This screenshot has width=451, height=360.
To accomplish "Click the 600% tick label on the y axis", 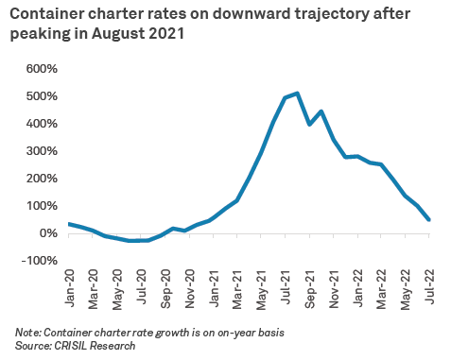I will click(x=41, y=69).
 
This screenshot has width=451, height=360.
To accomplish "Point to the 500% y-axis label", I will click(x=41, y=96).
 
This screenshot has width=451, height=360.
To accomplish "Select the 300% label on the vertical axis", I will click(x=41, y=151).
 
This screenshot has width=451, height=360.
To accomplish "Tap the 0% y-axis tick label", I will click(x=47, y=233).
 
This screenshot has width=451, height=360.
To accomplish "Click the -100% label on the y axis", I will click(x=39, y=261).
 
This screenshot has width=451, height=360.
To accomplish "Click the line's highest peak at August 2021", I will click(x=297, y=93).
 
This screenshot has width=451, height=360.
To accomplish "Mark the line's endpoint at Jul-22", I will click(x=430, y=220).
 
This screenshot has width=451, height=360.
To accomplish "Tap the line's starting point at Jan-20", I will click(x=68, y=224).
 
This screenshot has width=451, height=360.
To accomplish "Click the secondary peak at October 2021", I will click(x=321, y=111).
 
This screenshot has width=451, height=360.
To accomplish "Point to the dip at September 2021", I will click(x=309, y=124).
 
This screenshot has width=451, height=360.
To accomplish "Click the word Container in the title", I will click(x=44, y=16).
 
